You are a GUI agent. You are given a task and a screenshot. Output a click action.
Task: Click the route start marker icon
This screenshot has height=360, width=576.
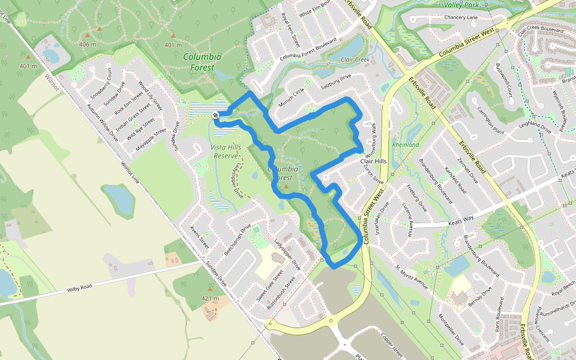click(x=215, y=114)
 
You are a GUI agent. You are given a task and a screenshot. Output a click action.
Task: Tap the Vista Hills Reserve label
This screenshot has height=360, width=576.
click(x=226, y=151)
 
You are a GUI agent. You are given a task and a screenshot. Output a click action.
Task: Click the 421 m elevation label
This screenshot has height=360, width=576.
click(x=210, y=298)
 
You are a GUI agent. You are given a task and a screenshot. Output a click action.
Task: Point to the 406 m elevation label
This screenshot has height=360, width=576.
click(x=88, y=44)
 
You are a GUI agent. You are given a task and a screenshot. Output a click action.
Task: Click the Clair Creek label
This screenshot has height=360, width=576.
click(x=355, y=59)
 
